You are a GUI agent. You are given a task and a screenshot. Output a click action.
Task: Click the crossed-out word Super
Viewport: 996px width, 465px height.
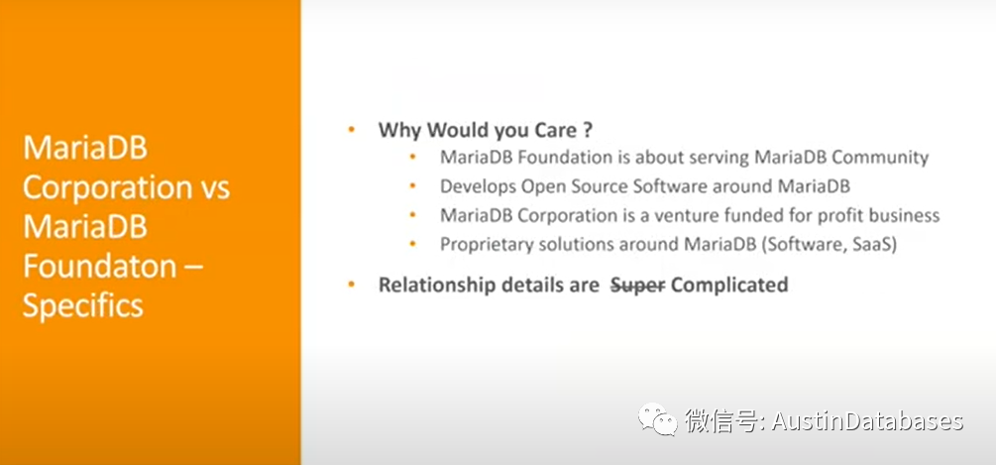click(637, 285)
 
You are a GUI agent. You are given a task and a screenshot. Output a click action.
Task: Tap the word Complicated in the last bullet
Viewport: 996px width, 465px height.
click(729, 285)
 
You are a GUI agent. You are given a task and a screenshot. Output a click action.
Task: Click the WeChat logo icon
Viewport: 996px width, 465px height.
click(658, 420)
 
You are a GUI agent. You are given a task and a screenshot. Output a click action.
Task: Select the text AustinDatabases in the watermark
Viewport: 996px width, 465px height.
click(868, 421)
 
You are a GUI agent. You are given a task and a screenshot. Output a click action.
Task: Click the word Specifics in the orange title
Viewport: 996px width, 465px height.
click(83, 305)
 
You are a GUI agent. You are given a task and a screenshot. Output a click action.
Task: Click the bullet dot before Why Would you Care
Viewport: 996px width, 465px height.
click(351, 130)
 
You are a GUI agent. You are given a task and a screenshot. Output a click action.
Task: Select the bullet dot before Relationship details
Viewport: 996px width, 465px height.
click(351, 285)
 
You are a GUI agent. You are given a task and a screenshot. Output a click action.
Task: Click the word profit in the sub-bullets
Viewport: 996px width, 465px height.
click(840, 216)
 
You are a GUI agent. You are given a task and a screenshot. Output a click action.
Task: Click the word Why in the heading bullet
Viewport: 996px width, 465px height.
click(400, 130)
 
